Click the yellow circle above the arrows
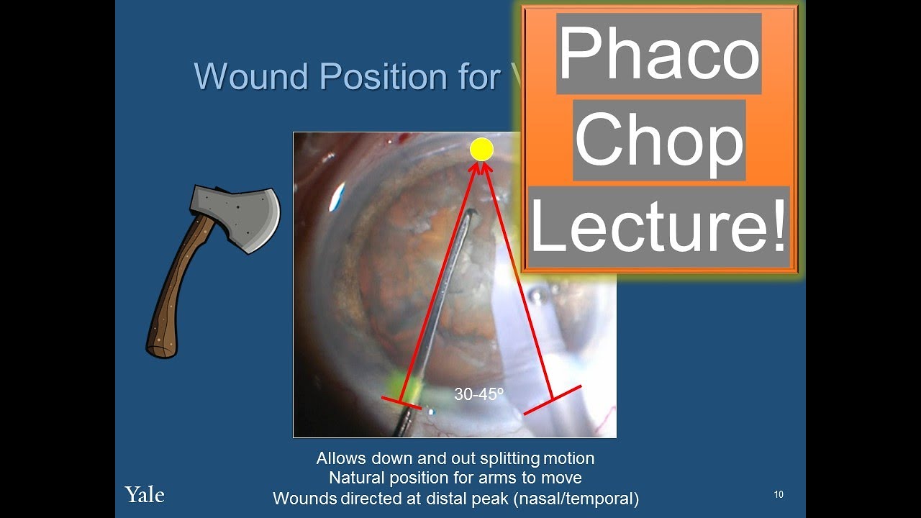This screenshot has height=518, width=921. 481,150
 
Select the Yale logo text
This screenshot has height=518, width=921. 145,495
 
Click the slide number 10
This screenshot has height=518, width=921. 779,494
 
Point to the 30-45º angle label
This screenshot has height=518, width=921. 478,394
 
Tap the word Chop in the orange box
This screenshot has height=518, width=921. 658,140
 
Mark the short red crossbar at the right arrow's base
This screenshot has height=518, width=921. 552,400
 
